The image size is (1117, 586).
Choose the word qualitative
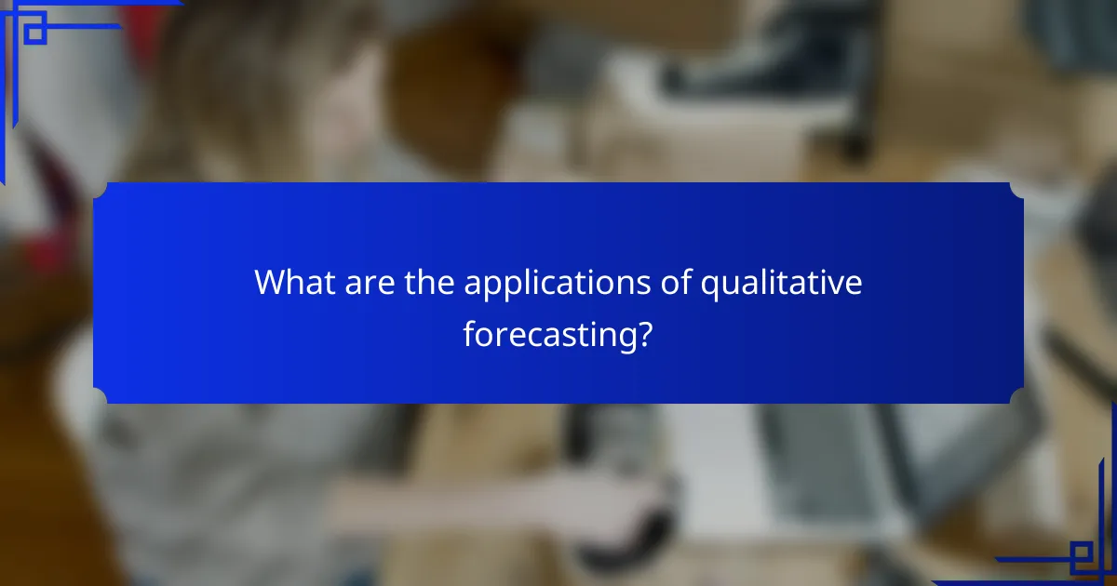(x=781, y=284)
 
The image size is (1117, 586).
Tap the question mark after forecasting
(x=643, y=333)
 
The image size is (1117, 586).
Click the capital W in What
(x=270, y=282)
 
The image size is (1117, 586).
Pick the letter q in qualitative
(x=709, y=286)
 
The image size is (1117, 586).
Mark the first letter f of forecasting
(x=470, y=333)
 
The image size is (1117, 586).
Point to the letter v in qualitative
(x=836, y=284)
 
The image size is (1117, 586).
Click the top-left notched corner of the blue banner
(x=101, y=190)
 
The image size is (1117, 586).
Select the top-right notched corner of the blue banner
(x=1016, y=190)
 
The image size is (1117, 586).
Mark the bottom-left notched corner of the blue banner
(x=101, y=396)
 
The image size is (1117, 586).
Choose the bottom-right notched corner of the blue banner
(x=1016, y=396)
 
